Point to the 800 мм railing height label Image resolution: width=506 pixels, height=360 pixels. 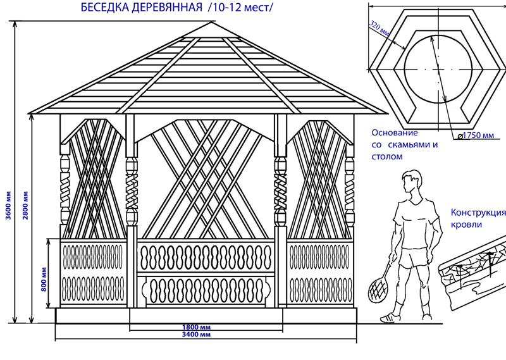44,278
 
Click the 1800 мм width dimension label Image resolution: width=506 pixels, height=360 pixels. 195,326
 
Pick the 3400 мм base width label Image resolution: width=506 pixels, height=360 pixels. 195,335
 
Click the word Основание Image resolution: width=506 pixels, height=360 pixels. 395,133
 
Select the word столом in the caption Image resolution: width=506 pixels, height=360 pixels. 387,155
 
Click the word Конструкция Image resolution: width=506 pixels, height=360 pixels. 478,213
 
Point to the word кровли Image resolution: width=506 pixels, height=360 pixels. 466,225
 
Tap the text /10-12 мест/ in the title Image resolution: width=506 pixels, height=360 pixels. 241,9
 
